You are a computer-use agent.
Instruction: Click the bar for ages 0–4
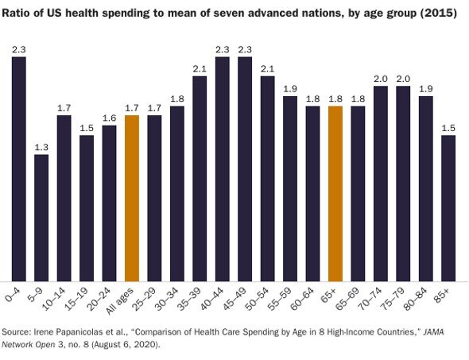(x=18, y=168)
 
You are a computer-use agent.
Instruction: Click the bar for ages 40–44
(x=223, y=168)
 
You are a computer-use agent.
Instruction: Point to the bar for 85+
(x=448, y=207)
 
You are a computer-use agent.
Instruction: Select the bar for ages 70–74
(x=381, y=182)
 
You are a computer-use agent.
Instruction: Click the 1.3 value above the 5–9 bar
(x=41, y=146)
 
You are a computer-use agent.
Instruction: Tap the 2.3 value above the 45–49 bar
(x=245, y=49)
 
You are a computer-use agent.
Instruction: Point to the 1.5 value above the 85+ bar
(x=448, y=127)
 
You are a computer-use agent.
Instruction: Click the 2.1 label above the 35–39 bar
(x=200, y=68)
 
